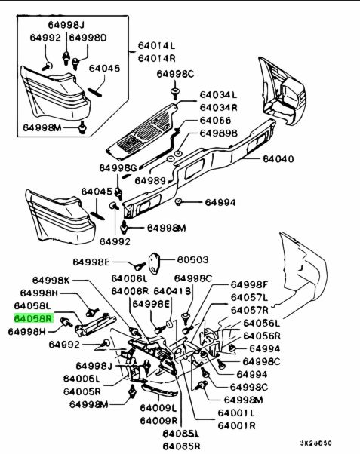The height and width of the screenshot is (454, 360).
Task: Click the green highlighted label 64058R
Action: coord(34,318)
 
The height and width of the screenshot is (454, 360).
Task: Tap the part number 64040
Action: coord(278,159)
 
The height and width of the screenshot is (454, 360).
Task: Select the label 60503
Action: coord(192,259)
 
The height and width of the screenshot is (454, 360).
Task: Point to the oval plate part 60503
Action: coord(155,263)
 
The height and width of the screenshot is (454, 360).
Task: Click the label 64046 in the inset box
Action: coord(104,69)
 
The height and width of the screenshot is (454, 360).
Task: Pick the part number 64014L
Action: coord(156,45)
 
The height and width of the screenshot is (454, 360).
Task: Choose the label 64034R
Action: coord(219,108)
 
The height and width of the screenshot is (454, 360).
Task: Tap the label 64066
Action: coord(215,121)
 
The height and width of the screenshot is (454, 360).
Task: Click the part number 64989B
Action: coord(219,133)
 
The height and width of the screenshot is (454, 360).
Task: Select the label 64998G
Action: coord(118,168)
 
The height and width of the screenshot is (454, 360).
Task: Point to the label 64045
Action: coord(97,192)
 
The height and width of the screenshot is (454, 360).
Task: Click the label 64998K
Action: coord(51,280)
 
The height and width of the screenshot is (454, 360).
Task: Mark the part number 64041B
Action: coord(173,291)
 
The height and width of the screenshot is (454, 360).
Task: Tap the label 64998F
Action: coord(249,284)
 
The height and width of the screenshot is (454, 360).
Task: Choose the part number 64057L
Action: coord(249,297)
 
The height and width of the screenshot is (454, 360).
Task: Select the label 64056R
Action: coord(262,336)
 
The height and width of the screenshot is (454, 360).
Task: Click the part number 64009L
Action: coord(158,408)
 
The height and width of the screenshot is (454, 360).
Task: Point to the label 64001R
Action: coord(236,425)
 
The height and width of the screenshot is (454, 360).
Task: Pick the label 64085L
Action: coord(181,434)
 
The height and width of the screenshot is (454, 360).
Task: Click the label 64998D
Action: coord(88,38)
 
